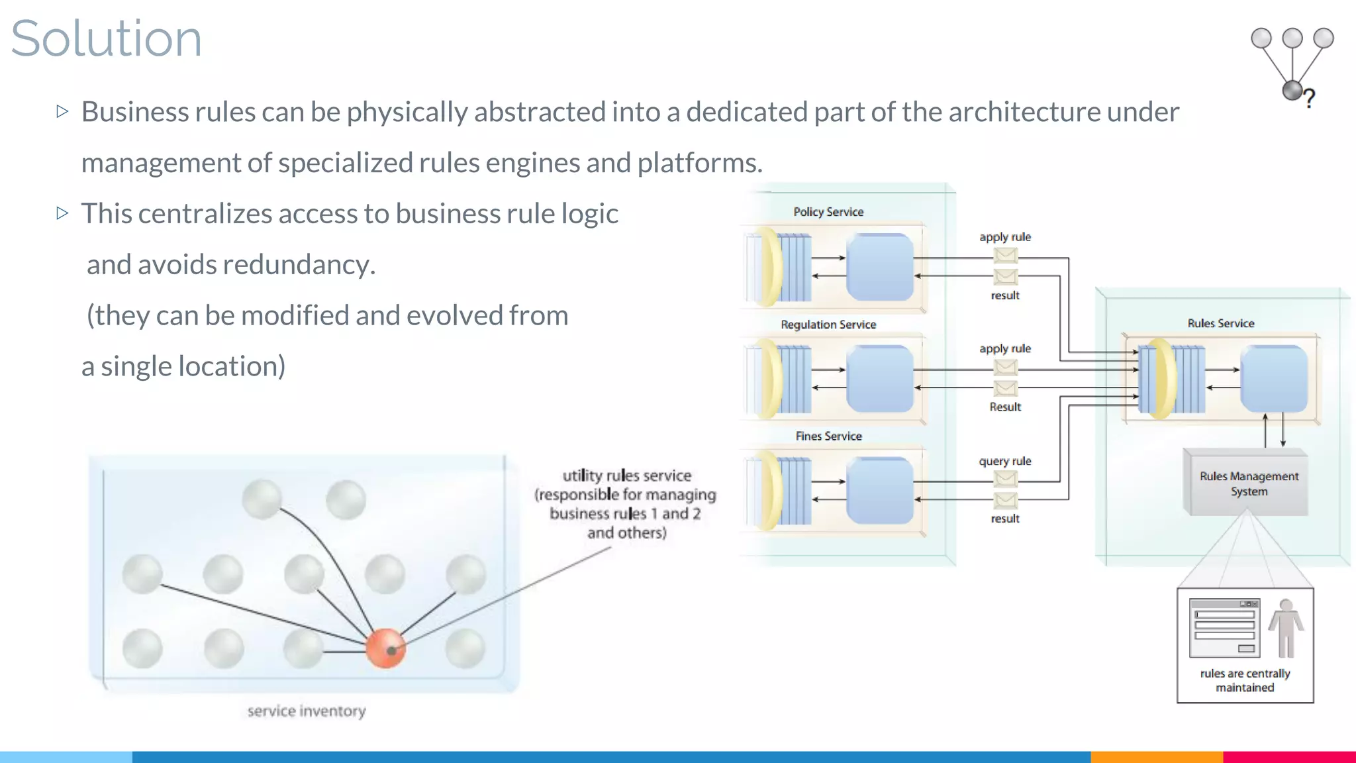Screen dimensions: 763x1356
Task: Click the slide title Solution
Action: tap(106, 38)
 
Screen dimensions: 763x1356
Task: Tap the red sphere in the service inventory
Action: tap(385, 648)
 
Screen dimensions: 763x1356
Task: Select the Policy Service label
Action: tap(828, 212)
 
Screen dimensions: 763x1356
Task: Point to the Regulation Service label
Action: tap(828, 325)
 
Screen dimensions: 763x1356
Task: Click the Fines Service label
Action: tap(828, 436)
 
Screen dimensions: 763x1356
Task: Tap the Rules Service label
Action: tap(1220, 323)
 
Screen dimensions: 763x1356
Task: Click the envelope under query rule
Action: tap(1005, 478)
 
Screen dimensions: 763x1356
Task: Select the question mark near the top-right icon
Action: tap(1309, 99)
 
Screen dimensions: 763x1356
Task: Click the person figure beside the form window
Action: tap(1286, 628)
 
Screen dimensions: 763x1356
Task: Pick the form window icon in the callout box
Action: tap(1224, 628)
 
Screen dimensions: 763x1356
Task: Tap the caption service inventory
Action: tap(306, 711)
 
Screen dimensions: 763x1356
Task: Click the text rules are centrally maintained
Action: tap(1245, 680)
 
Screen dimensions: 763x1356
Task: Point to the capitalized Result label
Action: tap(1005, 407)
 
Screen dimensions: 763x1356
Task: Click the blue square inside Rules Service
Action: tap(1273, 378)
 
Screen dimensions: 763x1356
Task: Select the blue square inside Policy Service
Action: tap(880, 267)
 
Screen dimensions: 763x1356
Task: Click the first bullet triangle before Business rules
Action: tap(62, 111)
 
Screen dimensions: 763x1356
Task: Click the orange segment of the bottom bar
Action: tap(1156, 756)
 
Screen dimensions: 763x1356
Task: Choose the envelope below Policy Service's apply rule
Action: tap(1005, 255)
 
